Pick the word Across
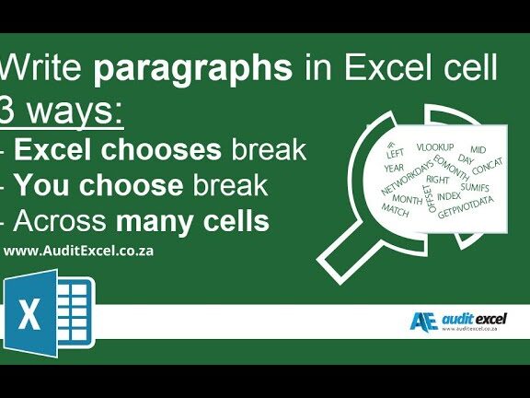click(61, 222)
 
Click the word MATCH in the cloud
click(395, 210)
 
